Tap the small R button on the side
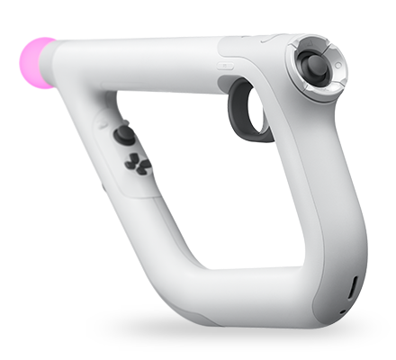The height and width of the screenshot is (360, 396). tap(224, 65)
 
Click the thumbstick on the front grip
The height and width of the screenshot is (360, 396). tap(124, 136)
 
